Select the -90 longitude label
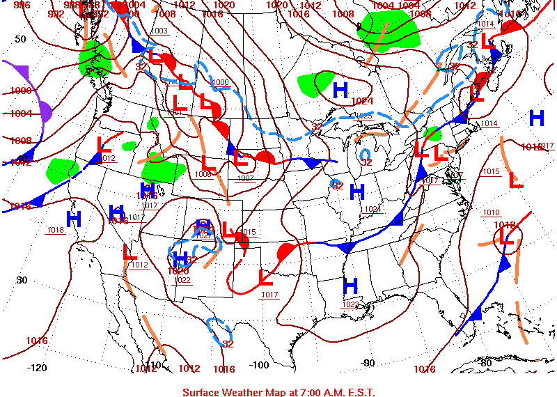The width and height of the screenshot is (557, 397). point(368,363)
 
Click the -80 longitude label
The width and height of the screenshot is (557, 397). point(485,363)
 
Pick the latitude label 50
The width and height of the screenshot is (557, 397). point(21,39)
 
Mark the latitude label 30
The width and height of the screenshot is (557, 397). point(22,280)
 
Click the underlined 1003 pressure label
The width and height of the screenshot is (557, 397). point(159,31)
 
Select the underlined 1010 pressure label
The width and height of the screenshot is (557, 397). point(491,212)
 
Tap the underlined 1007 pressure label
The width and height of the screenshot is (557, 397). point(245,178)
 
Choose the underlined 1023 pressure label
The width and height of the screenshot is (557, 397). point(350,304)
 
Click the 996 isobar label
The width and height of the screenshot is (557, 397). point(22,6)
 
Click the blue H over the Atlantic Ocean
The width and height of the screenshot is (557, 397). point(536,118)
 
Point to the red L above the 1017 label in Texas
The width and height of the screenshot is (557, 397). point(265,277)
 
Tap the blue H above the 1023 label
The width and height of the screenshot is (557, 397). point(350,285)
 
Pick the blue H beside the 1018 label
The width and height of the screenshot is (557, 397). point(74,219)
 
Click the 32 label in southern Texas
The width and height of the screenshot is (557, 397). point(228,343)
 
